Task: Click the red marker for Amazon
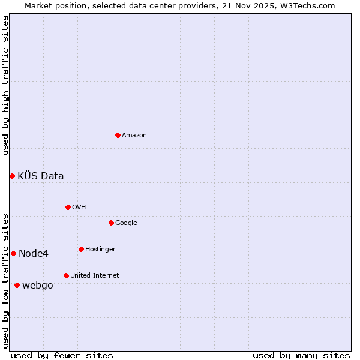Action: (118, 135)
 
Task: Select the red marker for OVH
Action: (68, 207)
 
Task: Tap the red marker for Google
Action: (111, 223)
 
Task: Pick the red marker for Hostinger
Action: (81, 249)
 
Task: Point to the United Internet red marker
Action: (66, 275)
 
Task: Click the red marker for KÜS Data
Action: (12, 176)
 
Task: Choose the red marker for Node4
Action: (13, 253)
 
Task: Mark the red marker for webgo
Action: (17, 285)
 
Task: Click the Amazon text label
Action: (134, 136)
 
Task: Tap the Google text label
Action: (126, 223)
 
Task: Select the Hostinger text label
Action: (100, 250)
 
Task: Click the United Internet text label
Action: (94, 276)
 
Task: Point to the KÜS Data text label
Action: (41, 176)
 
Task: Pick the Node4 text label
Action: (34, 254)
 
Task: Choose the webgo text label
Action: (37, 286)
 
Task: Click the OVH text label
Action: (79, 208)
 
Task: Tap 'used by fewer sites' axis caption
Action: (62, 355)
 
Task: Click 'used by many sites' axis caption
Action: (301, 355)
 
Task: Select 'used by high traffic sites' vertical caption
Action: (5, 85)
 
